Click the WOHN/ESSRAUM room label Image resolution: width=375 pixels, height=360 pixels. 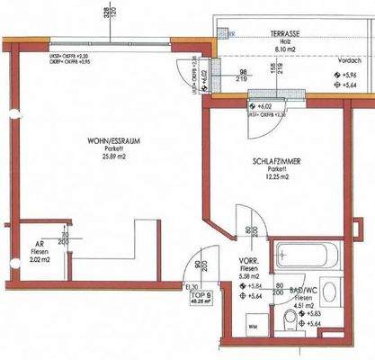[111, 141]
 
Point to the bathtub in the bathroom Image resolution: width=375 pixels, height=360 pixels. [304, 255]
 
